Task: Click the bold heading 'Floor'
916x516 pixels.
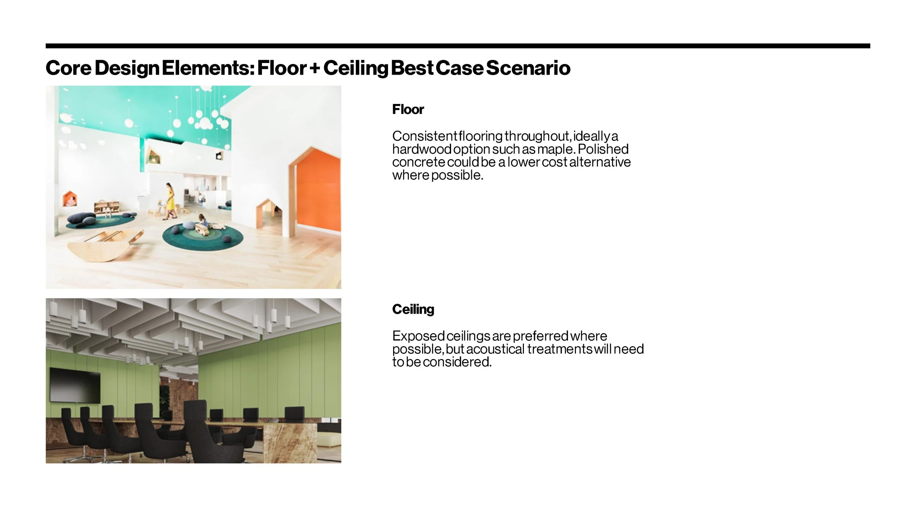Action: click(x=408, y=109)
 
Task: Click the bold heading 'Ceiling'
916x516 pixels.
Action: click(x=413, y=309)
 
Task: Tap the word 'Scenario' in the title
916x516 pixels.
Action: click(x=528, y=68)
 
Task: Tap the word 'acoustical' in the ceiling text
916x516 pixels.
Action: click(x=495, y=349)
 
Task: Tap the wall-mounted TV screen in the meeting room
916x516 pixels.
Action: click(x=75, y=385)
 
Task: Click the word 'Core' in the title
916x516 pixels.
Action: click(x=68, y=68)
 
